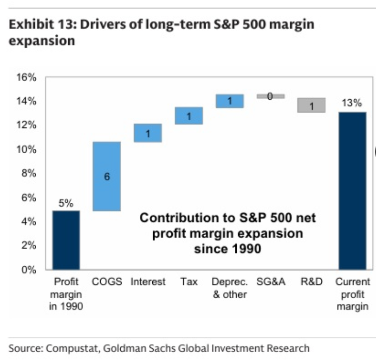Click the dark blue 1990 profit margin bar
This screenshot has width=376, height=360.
[x=66, y=240]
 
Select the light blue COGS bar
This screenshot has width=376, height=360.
[x=107, y=176]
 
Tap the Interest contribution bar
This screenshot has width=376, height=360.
[x=148, y=133]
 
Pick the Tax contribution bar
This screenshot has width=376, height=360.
[x=188, y=116]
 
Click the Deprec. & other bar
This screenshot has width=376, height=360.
[x=229, y=101]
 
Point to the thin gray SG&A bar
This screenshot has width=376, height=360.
[x=270, y=96]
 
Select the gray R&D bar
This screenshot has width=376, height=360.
[x=311, y=105]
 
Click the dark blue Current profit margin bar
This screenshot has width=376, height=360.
[x=352, y=191]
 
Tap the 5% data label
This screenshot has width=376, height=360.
[x=66, y=203]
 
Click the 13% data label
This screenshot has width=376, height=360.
[x=352, y=103]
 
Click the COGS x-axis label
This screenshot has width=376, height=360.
[x=107, y=282]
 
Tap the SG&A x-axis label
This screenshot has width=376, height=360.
[x=270, y=282]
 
